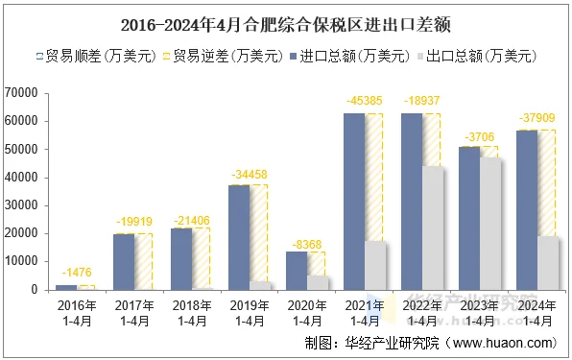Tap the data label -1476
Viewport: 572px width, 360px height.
(76, 274)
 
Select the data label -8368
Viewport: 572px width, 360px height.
(306, 244)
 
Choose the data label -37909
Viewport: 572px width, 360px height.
(536, 118)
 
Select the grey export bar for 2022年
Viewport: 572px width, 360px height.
(433, 228)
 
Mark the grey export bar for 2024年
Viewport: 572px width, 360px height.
(548, 262)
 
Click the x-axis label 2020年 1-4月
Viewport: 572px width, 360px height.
(306, 312)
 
